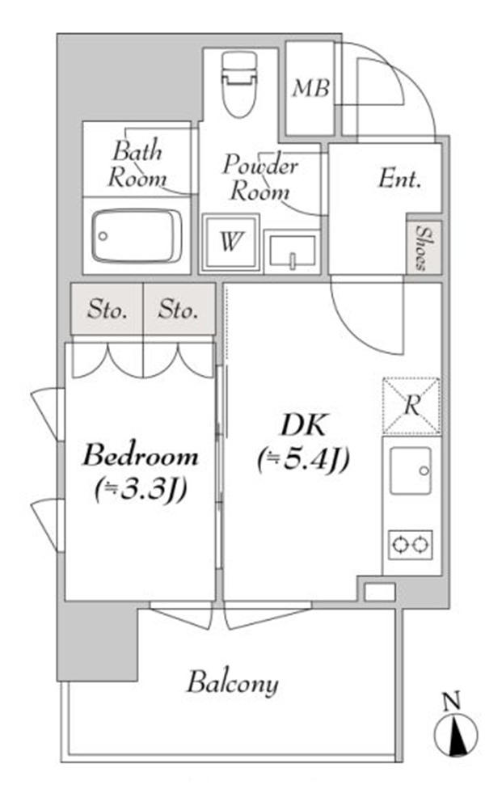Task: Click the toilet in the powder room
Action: tap(238, 84)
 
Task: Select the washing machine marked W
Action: tap(230, 242)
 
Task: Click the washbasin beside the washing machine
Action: tap(292, 251)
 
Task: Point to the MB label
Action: tap(311, 89)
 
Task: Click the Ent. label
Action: tap(400, 179)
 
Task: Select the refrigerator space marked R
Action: tap(411, 406)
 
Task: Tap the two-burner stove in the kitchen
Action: tap(411, 544)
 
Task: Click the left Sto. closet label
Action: tap(107, 310)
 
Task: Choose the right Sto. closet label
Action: tap(178, 310)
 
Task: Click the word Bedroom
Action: tap(141, 455)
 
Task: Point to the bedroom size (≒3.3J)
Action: tap(141, 488)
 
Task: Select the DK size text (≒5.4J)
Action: tap(303, 459)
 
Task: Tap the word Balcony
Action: tap(233, 684)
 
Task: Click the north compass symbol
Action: tap(455, 734)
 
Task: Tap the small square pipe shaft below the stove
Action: tap(380, 592)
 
